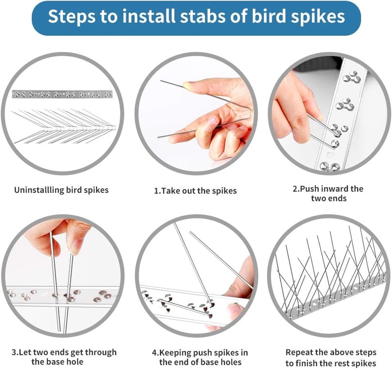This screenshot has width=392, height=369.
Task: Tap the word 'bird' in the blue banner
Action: (x=269, y=16)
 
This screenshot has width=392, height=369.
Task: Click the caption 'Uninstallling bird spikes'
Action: (x=61, y=190)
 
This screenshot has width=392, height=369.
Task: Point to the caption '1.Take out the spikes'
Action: (x=195, y=191)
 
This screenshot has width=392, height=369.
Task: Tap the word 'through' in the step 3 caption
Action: (x=101, y=352)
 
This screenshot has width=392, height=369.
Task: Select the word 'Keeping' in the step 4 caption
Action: (x=175, y=353)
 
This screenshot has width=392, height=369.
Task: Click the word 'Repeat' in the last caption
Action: (x=299, y=352)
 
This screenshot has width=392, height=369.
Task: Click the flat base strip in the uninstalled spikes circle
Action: (x=62, y=94)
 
